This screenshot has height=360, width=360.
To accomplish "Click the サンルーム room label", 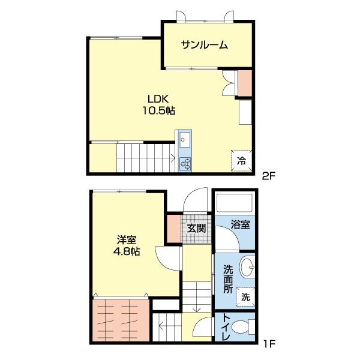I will point(205,45).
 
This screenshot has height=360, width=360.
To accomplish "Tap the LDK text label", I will point(158,98).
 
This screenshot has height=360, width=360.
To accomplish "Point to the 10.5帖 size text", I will point(158,111).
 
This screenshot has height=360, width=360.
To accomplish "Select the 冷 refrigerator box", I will point(241,160).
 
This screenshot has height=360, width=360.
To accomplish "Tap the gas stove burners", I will point(185,163).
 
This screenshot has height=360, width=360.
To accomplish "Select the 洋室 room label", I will point(126,239).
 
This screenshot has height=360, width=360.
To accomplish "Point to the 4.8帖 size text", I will point(126,252).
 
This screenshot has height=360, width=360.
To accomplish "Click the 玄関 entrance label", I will point(196,228).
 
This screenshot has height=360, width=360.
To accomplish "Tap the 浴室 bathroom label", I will point(241,224).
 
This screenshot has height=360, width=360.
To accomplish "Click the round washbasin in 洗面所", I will point(246,268).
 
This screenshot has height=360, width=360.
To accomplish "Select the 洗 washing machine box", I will point(246,296).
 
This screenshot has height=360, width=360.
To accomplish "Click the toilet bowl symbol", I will point(241,328).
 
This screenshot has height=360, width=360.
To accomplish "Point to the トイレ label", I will point(226,328).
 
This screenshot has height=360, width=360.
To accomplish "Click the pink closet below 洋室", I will point(121,320).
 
